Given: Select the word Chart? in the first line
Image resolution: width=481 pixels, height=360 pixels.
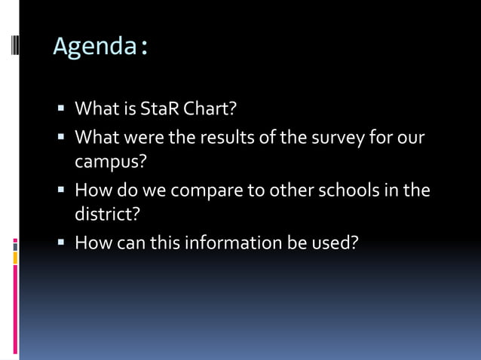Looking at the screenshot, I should coord(207,110).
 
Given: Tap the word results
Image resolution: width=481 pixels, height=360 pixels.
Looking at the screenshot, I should coord(222,138).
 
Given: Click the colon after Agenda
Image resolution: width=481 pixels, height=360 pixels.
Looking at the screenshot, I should coord(142,48).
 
